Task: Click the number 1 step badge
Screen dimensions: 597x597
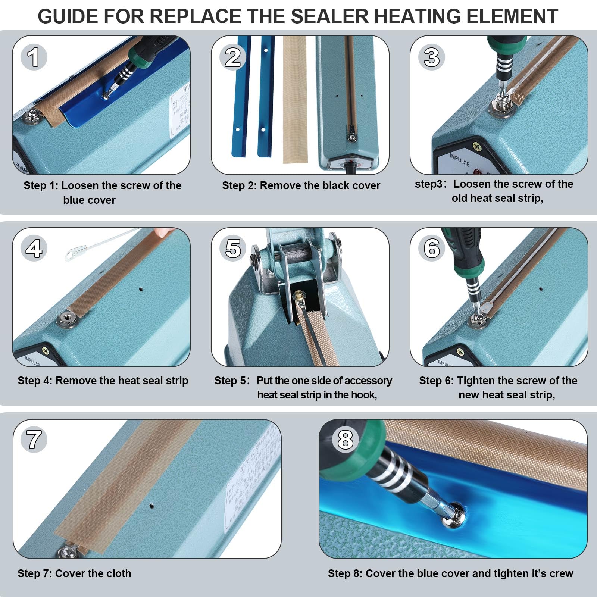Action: pos(34,57)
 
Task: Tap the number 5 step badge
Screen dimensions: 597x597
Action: pos(233,248)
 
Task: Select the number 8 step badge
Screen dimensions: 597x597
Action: pos(345,439)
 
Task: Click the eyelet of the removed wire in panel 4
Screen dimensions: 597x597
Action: pos(70,254)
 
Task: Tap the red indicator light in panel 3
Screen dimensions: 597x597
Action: pos(476,172)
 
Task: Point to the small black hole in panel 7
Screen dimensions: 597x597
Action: pos(151,506)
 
